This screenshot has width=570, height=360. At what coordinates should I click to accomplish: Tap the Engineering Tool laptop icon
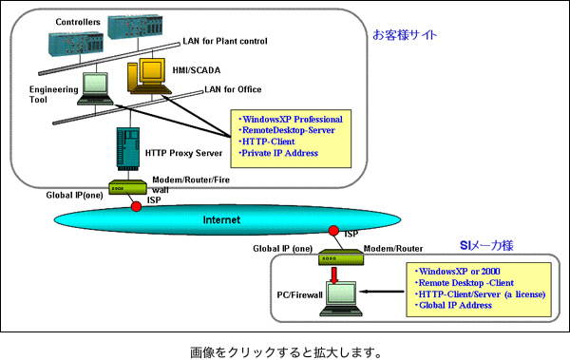pos(97,87)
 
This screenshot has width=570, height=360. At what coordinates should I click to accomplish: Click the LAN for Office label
pos(236,89)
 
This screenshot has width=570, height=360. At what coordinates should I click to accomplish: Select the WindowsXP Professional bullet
pos(290,119)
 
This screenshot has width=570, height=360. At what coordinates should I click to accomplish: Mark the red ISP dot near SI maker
pos(333,231)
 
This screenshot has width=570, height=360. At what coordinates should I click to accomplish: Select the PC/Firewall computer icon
pos(337,298)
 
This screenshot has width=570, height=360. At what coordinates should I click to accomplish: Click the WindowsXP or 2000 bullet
pos(460,272)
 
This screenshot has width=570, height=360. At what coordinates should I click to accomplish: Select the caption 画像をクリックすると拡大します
pos(285,350)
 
